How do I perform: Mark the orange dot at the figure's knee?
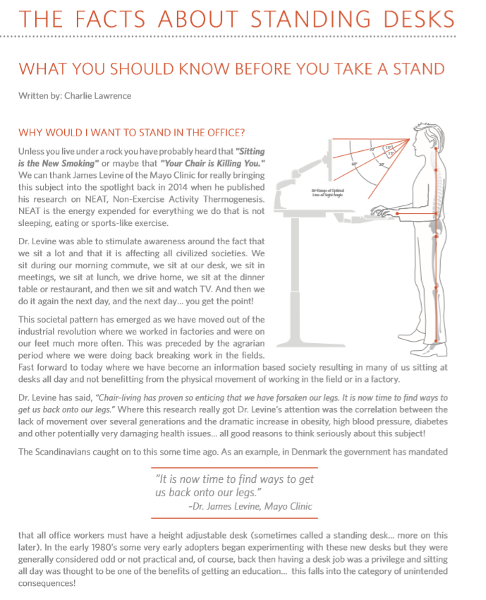[x=435, y=286]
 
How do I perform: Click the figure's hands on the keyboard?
[x=381, y=211]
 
